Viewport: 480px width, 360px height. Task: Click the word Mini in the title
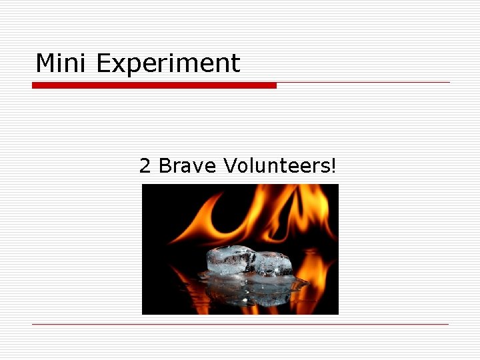tap(62, 63)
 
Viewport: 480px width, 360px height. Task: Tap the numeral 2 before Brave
tap(145, 165)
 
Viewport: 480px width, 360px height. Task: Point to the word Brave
tap(187, 165)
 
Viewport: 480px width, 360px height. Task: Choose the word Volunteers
tap(275, 165)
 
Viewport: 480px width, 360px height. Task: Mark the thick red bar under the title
tap(154, 85)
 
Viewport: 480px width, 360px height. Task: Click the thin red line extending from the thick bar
tap(363, 83)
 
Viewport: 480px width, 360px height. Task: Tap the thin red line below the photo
tap(240, 325)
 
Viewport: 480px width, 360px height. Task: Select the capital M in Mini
tap(44, 63)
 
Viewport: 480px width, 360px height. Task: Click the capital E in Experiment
tap(103, 63)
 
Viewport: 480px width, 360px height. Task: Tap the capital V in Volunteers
tap(230, 165)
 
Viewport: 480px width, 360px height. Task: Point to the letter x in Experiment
tap(119, 65)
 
